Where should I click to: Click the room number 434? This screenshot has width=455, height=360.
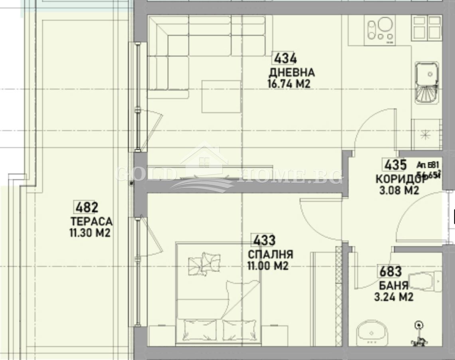click(285, 59)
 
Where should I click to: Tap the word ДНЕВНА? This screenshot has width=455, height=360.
click(291, 73)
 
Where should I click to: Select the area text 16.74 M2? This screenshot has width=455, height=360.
click(290, 84)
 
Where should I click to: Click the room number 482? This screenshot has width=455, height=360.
click(86, 208)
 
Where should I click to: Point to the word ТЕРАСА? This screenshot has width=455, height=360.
click(91, 221)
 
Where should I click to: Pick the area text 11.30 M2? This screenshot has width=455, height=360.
click(90, 233)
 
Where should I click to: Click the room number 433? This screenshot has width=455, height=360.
click(263, 241)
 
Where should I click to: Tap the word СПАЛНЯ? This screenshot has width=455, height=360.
click(271, 255)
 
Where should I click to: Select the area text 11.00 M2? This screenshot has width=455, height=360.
click(268, 266)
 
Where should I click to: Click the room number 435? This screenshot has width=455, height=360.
click(394, 164)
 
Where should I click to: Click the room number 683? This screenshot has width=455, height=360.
click(390, 272)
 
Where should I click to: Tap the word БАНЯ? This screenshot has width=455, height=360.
click(394, 286)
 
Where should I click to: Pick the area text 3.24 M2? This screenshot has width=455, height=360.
click(394, 297)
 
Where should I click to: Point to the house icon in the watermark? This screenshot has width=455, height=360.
click(204, 160)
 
